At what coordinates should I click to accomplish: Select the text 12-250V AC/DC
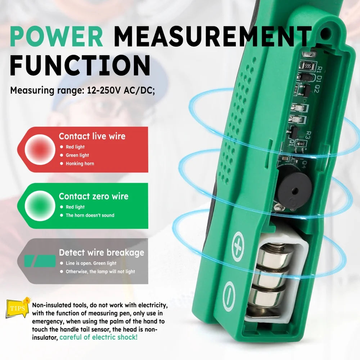[121, 90]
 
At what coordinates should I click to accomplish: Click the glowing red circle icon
[40, 149]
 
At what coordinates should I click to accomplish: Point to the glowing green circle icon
[40, 206]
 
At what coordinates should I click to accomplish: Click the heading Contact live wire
[92, 136]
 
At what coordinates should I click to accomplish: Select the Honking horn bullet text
[80, 163]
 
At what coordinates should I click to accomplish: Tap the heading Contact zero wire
[94, 196]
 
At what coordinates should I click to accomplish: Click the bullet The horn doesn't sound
[90, 215]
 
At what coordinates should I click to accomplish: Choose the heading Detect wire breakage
[102, 252]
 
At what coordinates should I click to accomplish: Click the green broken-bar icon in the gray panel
[40, 261]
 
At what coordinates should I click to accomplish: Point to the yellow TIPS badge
[17, 308]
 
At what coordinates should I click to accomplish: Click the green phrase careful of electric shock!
[98, 337]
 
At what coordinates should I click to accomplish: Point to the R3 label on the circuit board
[308, 135]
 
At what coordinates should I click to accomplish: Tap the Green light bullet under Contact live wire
[77, 155]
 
